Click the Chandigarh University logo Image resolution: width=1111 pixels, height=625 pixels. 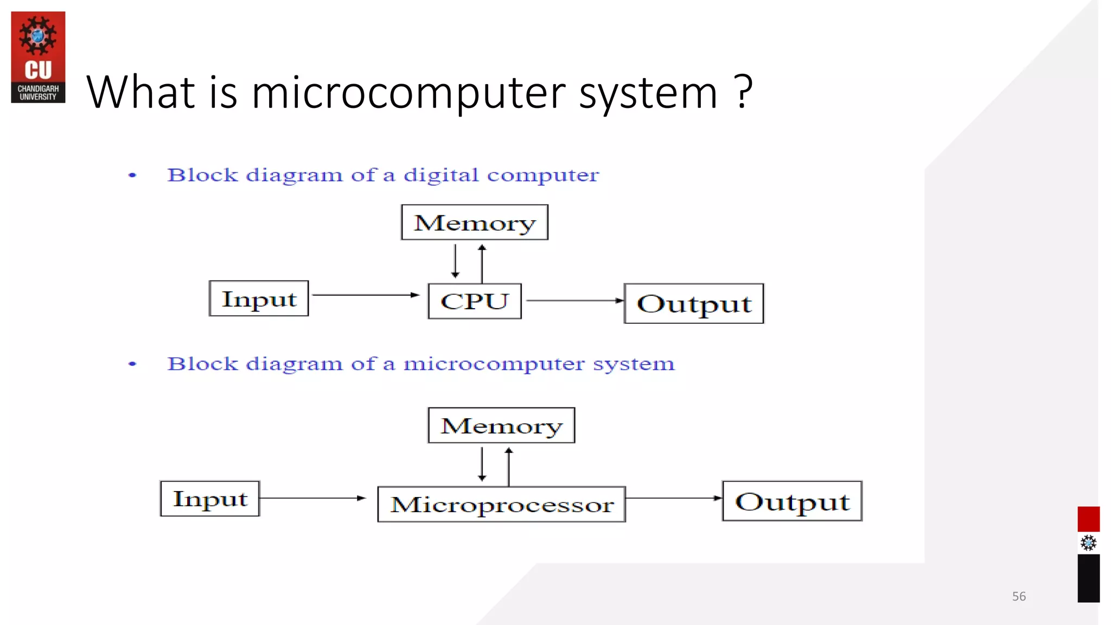click(x=38, y=57)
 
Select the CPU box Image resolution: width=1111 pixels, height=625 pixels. click(x=475, y=301)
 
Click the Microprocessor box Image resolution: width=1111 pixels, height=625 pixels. click(x=502, y=504)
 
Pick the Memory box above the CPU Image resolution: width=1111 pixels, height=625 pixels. click(x=475, y=222)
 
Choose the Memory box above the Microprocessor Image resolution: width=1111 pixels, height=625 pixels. click(x=501, y=425)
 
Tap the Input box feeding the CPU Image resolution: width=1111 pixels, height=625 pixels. click(x=259, y=298)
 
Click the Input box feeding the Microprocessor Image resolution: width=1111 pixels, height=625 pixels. click(x=210, y=499)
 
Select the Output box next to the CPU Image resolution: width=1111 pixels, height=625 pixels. click(x=694, y=303)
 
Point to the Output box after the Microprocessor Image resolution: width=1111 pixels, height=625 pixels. click(x=792, y=501)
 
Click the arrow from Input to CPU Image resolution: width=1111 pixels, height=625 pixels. click(x=366, y=295)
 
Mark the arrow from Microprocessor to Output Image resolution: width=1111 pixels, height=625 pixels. click(x=674, y=498)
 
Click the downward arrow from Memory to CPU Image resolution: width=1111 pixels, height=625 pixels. click(x=455, y=261)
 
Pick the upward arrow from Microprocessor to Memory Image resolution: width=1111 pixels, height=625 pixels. click(x=508, y=467)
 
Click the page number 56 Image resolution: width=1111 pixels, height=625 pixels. click(x=1019, y=596)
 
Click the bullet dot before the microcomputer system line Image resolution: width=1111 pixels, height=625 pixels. click(x=132, y=364)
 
